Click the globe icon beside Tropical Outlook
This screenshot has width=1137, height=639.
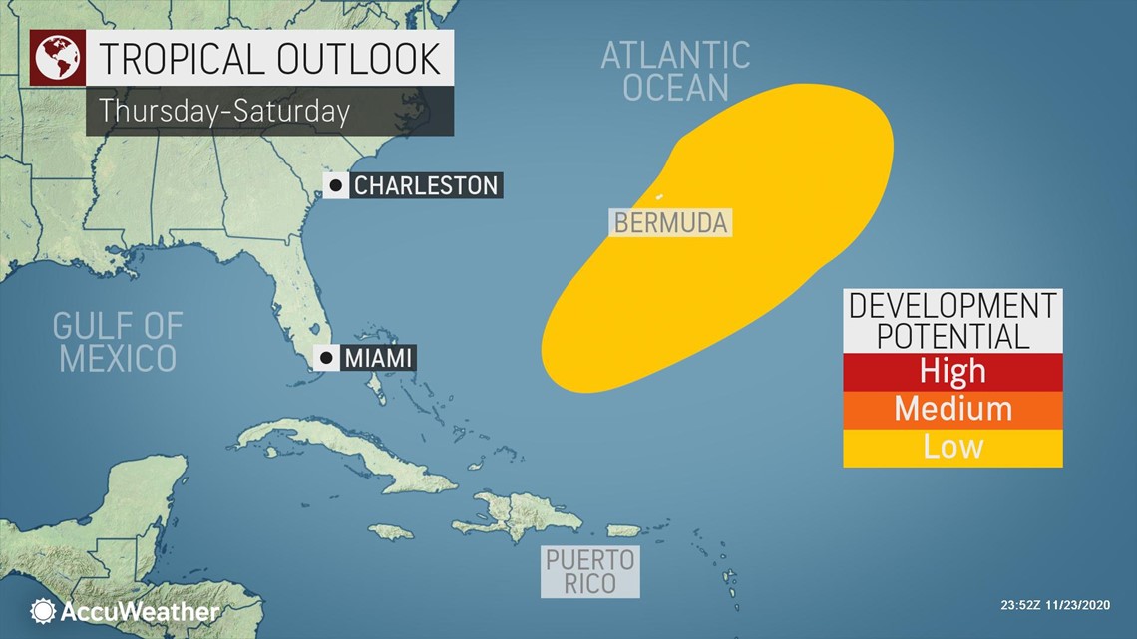(57, 59)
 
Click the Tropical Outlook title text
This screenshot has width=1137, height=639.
(268, 59)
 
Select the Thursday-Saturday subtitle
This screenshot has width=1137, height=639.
(224, 111)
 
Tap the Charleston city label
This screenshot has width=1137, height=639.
(425, 184)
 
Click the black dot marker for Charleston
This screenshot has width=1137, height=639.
(336, 184)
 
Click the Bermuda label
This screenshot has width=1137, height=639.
(670, 222)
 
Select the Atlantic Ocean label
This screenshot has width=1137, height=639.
(675, 71)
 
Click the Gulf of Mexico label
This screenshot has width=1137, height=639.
(118, 341)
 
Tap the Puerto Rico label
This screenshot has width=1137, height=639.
(589, 571)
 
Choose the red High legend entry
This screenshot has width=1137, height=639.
(952, 372)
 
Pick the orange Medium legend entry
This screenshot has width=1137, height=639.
(952, 409)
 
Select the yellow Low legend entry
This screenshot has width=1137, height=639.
(952, 447)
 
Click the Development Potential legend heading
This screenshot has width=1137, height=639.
(952, 320)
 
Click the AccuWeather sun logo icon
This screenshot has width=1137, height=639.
(43, 611)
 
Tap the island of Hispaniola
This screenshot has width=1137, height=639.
(519, 513)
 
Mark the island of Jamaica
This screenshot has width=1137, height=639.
(390, 531)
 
